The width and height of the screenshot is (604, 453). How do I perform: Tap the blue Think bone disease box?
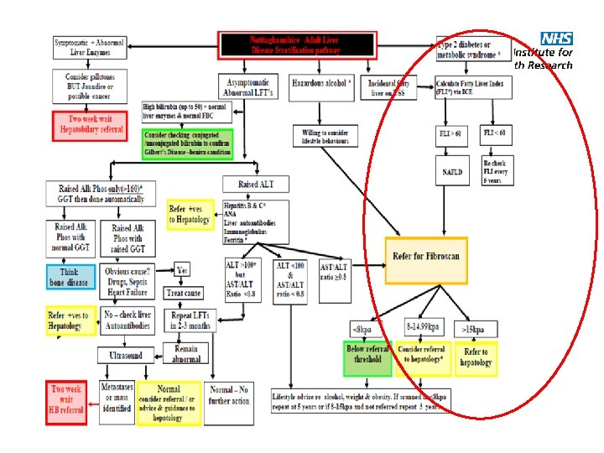click(70, 277)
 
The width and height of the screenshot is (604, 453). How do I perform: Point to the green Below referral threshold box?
click(367, 357)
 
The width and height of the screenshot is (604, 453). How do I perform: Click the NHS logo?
click(556, 39)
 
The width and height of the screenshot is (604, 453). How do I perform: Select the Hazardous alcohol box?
click(322, 85)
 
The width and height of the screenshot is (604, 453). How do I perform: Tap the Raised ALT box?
click(256, 184)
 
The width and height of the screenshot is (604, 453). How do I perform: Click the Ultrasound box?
click(126, 357)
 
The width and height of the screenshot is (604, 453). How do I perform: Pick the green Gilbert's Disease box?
click(187, 143)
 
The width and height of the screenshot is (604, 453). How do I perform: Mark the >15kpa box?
click(474, 328)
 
